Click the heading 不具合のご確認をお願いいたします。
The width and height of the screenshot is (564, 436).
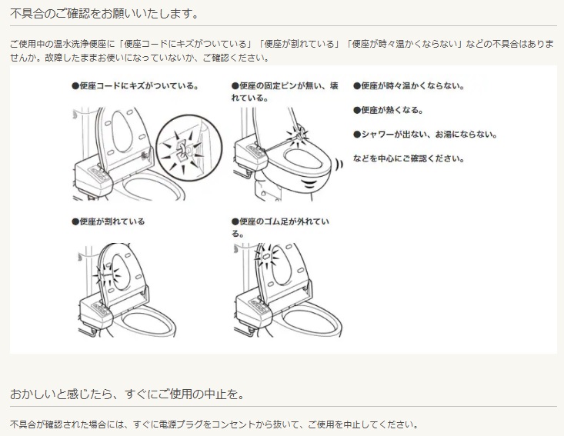pyautogui.click(x=105, y=14)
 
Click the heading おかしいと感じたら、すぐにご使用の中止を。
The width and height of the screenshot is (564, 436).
pyautogui.click(x=127, y=394)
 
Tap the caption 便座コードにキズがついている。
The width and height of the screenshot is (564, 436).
pyautogui.click(x=135, y=86)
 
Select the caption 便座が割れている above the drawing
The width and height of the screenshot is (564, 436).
pyautogui.click(x=108, y=221)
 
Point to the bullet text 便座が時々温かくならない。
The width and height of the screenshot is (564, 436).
pyautogui.click(x=409, y=86)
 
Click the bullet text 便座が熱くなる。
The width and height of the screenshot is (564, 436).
pyautogui.click(x=389, y=110)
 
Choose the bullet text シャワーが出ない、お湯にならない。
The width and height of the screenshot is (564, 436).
pyautogui.click(x=426, y=135)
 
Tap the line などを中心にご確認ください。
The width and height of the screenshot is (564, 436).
pyautogui.click(x=409, y=158)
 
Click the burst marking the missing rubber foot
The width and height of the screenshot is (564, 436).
pyautogui.click(x=266, y=255)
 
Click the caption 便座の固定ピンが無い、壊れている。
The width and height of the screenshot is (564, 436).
pyautogui.click(x=285, y=92)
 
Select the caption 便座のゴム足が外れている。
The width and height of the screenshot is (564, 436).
pyautogui.click(x=281, y=227)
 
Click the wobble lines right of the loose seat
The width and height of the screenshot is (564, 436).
pyautogui.click(x=338, y=165)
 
